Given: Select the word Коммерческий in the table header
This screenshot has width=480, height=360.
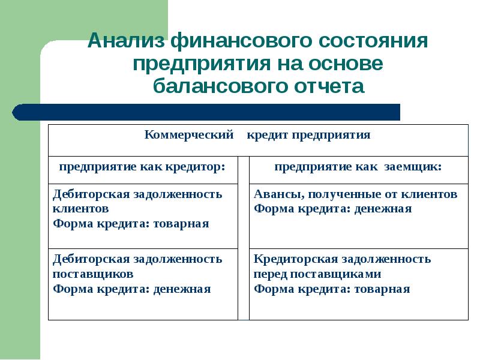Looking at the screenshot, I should pyautogui.click(x=189, y=135).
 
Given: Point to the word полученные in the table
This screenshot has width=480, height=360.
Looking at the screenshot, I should pyautogui.click(x=330, y=194).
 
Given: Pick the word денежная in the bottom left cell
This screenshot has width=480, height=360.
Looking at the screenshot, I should pyautogui.click(x=182, y=289).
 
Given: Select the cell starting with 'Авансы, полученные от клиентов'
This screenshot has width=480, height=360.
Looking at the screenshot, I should pyautogui.click(x=358, y=216).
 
